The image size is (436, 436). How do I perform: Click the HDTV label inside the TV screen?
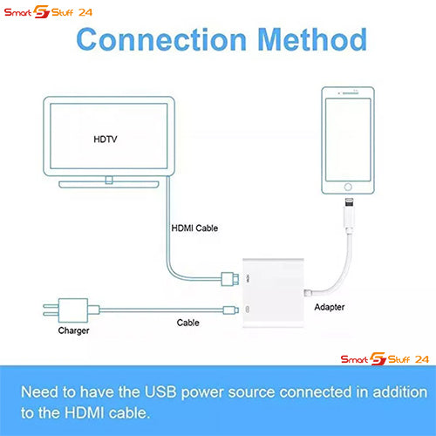106,140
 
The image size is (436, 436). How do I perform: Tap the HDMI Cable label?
194,228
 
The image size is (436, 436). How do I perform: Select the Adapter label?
330,307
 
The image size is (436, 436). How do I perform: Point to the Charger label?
73,330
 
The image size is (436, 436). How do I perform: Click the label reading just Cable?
188,323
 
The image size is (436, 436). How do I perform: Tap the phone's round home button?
348,187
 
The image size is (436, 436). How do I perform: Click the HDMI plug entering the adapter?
230,279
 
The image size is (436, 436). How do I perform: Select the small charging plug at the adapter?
231,310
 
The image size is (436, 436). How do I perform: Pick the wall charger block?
72,310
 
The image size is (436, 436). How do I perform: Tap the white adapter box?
273,293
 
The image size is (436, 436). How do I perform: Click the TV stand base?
109,185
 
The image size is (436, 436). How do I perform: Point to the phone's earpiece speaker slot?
351,93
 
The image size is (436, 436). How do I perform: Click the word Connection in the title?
161,39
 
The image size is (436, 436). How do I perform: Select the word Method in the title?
312,39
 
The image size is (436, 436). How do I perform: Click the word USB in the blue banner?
160,392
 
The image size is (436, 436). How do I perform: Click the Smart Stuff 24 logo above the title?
48,12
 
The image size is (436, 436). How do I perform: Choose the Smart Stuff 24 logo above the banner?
385,358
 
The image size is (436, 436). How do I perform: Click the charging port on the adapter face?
248,310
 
